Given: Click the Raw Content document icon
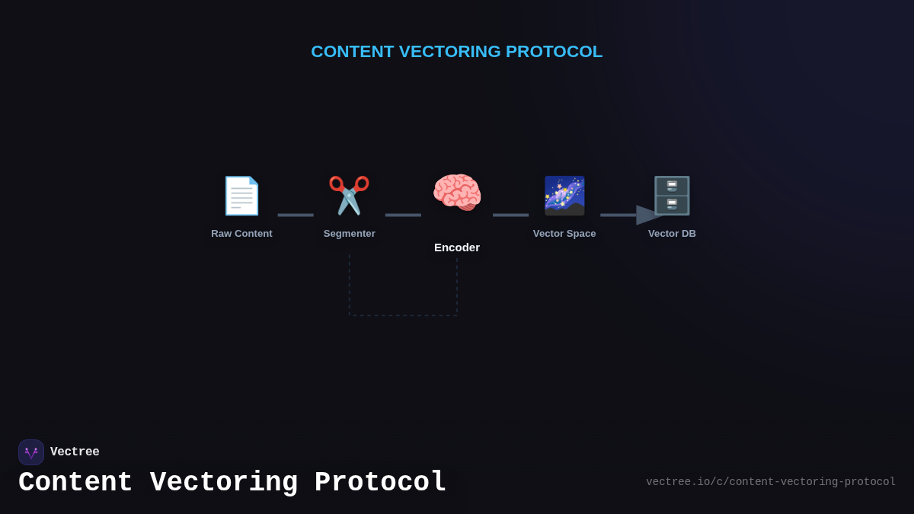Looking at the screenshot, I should [x=241, y=196].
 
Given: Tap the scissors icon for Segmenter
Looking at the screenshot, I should [x=349, y=196].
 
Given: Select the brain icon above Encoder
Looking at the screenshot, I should [x=457, y=192].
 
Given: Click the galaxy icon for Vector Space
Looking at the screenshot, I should [x=564, y=196].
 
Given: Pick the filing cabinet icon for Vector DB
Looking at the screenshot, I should [x=672, y=196].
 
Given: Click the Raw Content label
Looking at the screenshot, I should [x=241, y=234].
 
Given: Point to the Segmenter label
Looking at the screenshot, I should [x=349, y=234].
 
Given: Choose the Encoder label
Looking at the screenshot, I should [x=457, y=247].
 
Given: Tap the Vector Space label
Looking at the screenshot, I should [x=564, y=234].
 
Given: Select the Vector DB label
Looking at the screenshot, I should [x=672, y=234].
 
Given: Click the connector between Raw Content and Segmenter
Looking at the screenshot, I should [x=296, y=215].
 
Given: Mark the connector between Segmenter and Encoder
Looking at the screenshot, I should [x=403, y=215].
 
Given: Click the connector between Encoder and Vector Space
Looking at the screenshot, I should [x=510, y=215].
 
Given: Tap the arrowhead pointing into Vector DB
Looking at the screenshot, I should [x=648, y=215].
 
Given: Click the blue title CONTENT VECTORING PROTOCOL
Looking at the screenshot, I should [x=457, y=52].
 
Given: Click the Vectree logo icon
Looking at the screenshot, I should [x=31, y=452].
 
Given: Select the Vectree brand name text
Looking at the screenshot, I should [x=75, y=452].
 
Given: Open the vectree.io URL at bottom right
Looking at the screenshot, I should [x=771, y=482].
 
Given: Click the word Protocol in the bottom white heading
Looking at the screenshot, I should [x=380, y=483].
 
